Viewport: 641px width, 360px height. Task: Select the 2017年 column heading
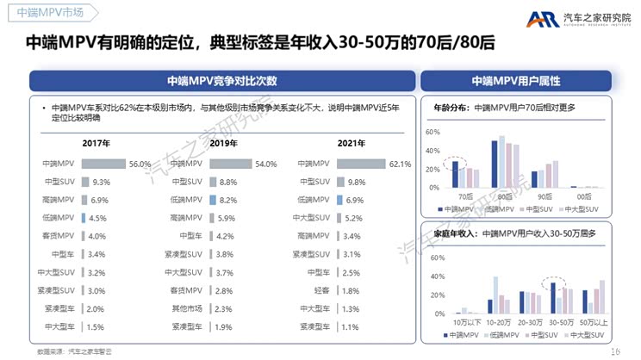coord(96,143)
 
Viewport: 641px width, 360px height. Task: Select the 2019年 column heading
coord(222,143)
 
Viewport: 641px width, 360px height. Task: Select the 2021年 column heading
coord(350,143)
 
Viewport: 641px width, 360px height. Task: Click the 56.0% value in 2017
coord(140,164)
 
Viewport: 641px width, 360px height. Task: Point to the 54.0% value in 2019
coord(266,164)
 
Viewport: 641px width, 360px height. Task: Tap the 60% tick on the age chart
coord(433,132)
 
